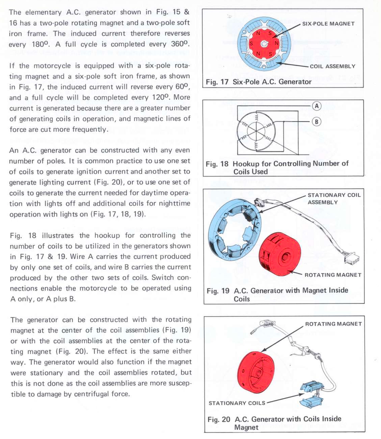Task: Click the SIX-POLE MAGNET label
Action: (x=328, y=24)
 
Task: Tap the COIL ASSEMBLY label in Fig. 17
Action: (x=332, y=66)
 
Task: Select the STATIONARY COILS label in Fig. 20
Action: (x=237, y=403)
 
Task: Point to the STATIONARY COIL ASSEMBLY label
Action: (x=334, y=199)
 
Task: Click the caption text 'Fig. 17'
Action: (x=217, y=82)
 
